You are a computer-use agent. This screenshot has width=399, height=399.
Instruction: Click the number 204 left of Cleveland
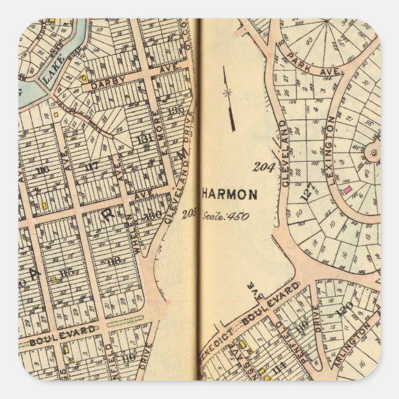(x=263, y=166)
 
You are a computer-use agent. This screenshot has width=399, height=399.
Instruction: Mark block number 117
(x=92, y=165)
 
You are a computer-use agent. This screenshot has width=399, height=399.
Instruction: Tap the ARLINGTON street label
(x=353, y=345)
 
